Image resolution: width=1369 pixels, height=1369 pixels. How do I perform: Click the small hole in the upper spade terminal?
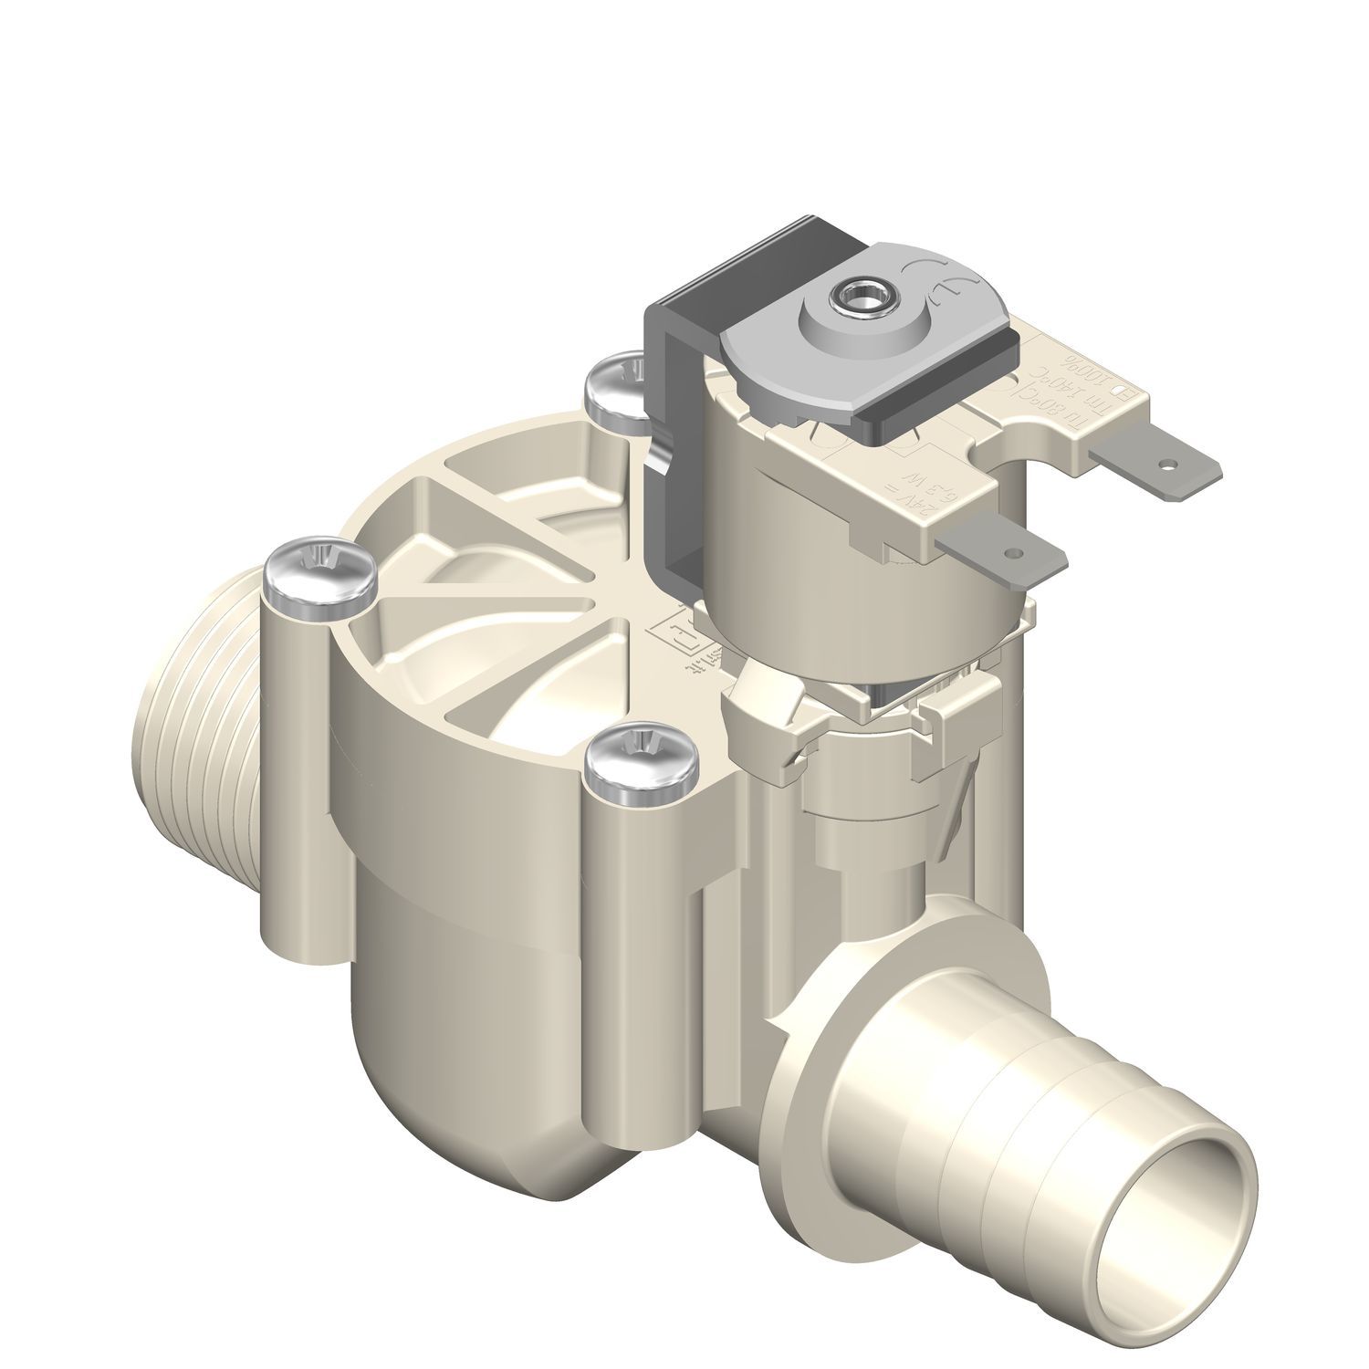(1165, 465)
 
